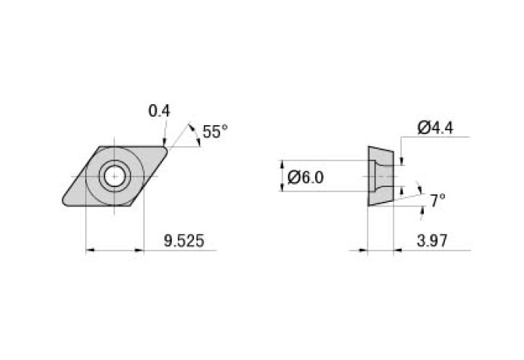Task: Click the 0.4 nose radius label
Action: (159, 111)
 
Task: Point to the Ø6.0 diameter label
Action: (305, 178)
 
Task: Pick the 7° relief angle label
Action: (437, 201)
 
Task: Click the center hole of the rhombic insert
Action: (115, 176)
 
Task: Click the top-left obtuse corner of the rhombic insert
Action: (100, 146)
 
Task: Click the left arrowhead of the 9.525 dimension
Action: (88, 250)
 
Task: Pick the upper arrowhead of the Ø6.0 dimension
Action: (282, 165)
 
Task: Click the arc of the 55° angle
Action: (192, 133)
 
